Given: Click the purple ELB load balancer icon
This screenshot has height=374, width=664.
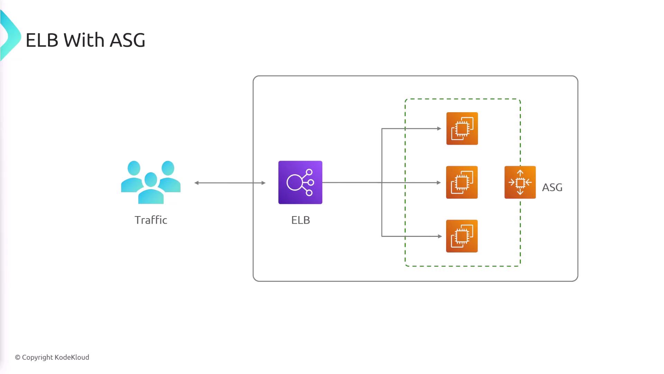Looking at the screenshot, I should coord(300,182).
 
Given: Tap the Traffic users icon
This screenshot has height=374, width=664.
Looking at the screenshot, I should coord(151,182).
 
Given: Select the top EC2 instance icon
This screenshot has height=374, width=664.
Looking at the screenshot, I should coord(462,128).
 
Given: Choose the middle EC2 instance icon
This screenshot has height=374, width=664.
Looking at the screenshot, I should coord(462,182).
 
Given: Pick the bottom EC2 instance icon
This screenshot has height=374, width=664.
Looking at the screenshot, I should coord(462,236).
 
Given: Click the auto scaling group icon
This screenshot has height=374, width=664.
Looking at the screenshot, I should coord(520,182).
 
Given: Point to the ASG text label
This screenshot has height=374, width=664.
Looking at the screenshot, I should coord(552,187).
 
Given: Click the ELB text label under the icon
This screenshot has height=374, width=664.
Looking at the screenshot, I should coord(301,220).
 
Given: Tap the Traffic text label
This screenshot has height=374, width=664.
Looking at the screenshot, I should coord(151,220).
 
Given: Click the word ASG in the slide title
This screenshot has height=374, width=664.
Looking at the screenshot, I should coord(127,40).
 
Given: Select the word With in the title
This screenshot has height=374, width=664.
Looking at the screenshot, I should coord(84,40).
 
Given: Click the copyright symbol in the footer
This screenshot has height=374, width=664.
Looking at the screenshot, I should coord(18,357).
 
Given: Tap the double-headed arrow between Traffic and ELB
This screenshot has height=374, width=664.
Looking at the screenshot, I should coord(230,183).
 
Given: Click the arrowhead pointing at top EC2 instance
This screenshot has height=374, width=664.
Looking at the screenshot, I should coord(439,128).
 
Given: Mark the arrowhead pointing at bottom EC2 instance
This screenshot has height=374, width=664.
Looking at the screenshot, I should coord(440,236).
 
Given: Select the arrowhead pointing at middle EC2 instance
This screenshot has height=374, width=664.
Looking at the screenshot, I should coord(439,182).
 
